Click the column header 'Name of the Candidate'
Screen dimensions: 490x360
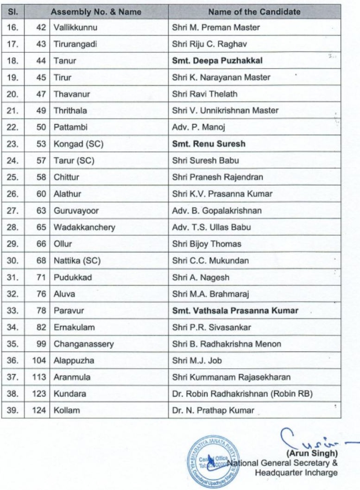(254, 12)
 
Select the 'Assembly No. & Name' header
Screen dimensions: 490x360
(96, 12)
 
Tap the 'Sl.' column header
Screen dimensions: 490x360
(13, 12)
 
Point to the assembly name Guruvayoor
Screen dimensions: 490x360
(76, 211)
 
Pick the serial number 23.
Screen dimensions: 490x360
(13, 144)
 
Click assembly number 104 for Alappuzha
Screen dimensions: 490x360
(39, 361)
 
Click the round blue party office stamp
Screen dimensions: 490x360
(208, 458)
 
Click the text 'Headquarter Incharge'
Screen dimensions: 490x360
(296, 472)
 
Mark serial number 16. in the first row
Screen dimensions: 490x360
(13, 27)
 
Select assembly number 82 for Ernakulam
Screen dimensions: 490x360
(41, 327)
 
